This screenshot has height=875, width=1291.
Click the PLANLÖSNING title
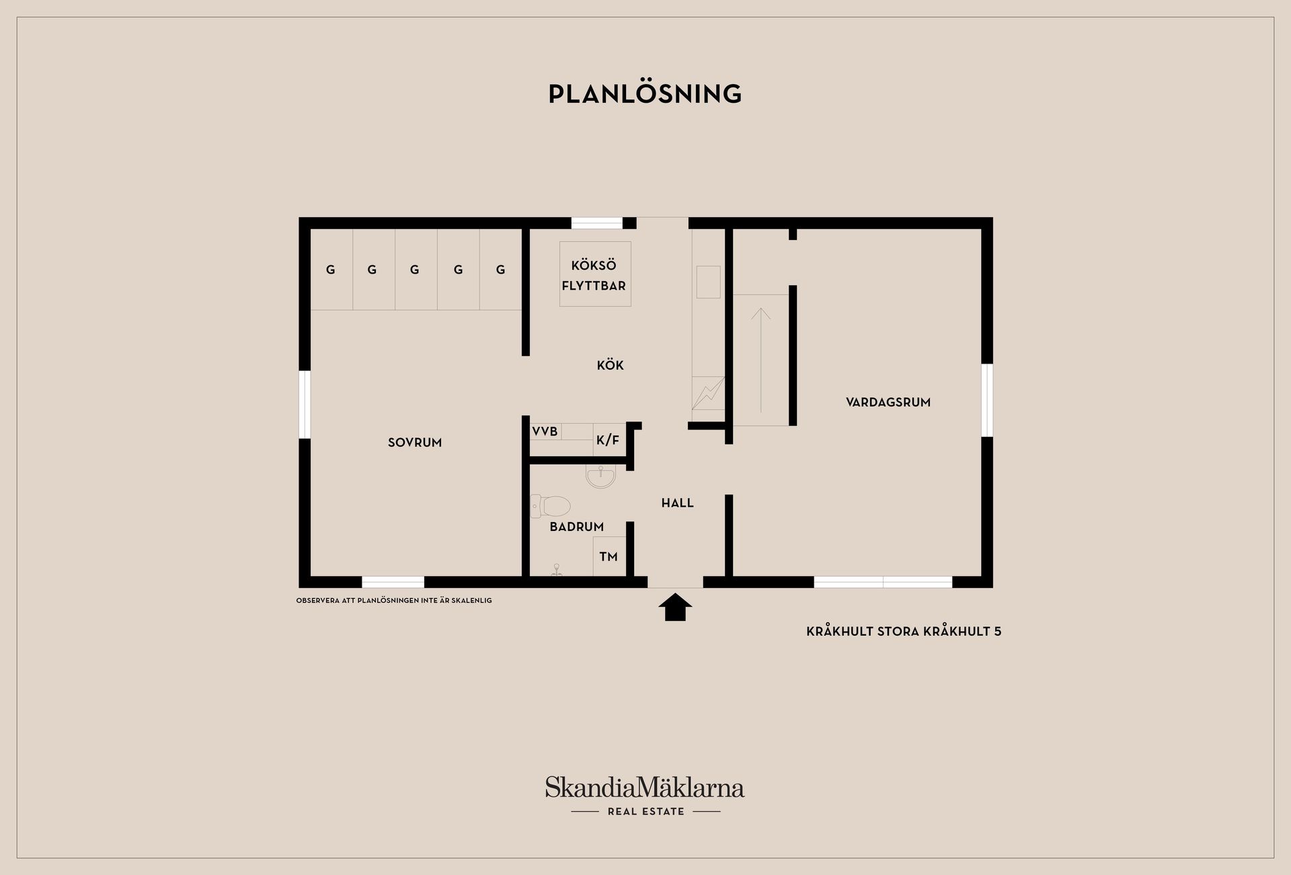click(645, 94)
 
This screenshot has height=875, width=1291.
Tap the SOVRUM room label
click(415, 442)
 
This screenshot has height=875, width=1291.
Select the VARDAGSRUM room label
click(888, 402)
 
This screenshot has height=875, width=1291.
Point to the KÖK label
click(611, 365)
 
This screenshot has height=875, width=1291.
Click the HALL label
click(677, 503)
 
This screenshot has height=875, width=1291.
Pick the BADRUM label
click(577, 527)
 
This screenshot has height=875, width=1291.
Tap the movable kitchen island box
click(595, 274)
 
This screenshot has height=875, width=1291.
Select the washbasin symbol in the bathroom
click(600, 476)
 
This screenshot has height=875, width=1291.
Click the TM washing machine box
click(609, 556)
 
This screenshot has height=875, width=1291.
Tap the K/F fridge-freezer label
click(608, 440)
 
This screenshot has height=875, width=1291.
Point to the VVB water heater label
click(545, 431)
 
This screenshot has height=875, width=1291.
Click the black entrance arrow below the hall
click(675, 607)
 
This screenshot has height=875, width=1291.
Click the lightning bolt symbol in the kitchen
click(708, 394)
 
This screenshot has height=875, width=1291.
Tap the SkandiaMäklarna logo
click(645, 788)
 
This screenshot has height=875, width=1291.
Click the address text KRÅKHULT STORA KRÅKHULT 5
click(904, 631)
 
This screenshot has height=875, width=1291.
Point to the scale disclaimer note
click(394, 601)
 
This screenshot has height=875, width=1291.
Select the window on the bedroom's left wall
click(305, 404)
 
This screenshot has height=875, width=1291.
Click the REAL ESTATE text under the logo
click(645, 812)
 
